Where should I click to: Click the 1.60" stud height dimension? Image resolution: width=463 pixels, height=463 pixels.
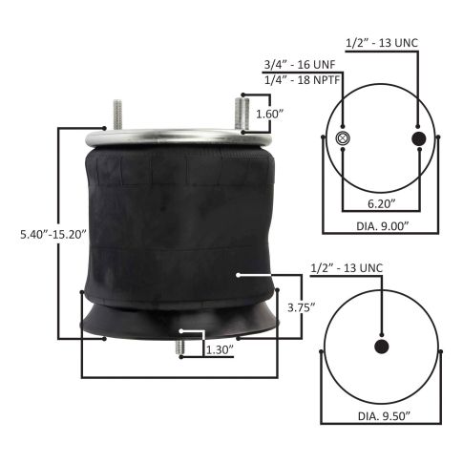269,114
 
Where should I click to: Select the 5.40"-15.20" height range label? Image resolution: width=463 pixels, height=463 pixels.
53,235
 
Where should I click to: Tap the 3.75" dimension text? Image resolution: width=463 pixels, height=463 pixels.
302,307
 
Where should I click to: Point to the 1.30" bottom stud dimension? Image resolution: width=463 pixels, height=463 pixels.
221,350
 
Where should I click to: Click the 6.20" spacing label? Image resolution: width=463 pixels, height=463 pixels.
382,203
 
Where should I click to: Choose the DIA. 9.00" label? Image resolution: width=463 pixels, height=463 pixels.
382,226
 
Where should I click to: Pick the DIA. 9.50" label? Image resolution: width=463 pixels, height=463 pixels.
384,416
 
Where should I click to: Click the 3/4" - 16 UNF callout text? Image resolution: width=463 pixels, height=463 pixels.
300,65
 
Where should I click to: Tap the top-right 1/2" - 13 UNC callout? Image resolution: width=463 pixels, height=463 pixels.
382,43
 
